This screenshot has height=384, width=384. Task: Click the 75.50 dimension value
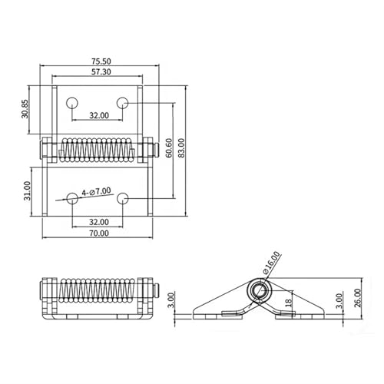click(101, 61)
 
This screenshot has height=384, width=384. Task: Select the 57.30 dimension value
click(101, 72)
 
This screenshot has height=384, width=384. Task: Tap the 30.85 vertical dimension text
click(25, 108)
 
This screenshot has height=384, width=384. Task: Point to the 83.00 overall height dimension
click(181, 147)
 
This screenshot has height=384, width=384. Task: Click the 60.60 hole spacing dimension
click(169, 147)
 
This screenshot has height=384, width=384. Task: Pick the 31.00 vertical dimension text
click(27, 190)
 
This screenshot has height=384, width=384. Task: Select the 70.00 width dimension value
click(99, 233)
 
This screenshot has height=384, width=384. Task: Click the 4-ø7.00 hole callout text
click(96, 192)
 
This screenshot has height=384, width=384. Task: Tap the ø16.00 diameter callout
click(272, 263)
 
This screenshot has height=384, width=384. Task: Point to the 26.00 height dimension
click(358, 298)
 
